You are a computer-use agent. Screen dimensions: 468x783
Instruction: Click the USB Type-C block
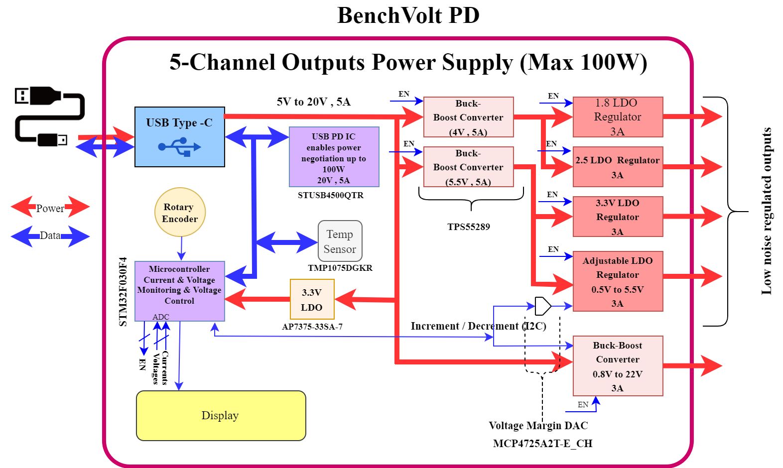pyautogui.click(x=179, y=137)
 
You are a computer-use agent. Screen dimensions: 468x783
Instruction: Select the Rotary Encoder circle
pyautogui.click(x=180, y=213)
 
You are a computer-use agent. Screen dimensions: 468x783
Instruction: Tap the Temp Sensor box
pyautogui.click(x=340, y=241)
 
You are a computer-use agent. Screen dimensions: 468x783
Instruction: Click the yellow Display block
pyautogui.click(x=221, y=416)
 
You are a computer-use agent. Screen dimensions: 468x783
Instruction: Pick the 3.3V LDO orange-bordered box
pyautogui.click(x=312, y=299)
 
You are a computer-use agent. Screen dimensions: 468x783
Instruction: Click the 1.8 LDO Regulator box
pyautogui.click(x=618, y=117)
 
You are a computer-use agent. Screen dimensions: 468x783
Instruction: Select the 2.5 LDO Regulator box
pyautogui.click(x=618, y=167)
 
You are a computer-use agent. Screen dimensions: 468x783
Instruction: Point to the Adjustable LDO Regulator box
pyautogui.click(x=618, y=281)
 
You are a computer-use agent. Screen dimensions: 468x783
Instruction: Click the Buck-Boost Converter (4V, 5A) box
pyautogui.click(x=468, y=117)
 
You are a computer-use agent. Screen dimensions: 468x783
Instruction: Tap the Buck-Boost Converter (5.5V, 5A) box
pyautogui.click(x=468, y=167)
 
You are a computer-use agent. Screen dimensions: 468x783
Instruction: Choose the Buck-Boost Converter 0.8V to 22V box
pyautogui.click(x=618, y=366)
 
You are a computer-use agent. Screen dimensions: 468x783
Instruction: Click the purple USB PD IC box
pyautogui.click(x=334, y=157)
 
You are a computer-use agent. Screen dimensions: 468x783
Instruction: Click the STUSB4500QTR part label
pyautogui.click(x=331, y=195)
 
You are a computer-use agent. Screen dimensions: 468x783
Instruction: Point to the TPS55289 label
pyautogui.click(x=469, y=227)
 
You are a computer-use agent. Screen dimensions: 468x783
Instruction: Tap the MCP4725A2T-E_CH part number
pyautogui.click(x=542, y=443)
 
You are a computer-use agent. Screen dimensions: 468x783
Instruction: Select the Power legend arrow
pyautogui.click(x=50, y=207)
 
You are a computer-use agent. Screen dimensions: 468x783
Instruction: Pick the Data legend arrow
pyautogui.click(x=50, y=236)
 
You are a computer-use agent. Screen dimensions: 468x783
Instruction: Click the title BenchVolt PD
pyautogui.click(x=408, y=15)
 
